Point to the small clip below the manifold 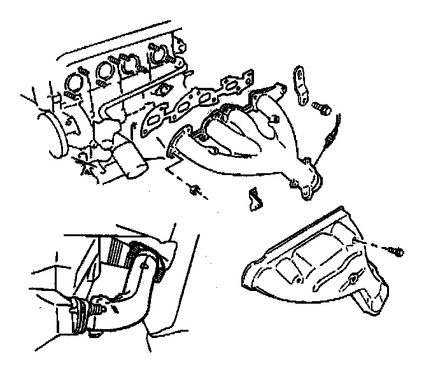click(x=255, y=199)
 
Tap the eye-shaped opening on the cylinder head click(x=163, y=90)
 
